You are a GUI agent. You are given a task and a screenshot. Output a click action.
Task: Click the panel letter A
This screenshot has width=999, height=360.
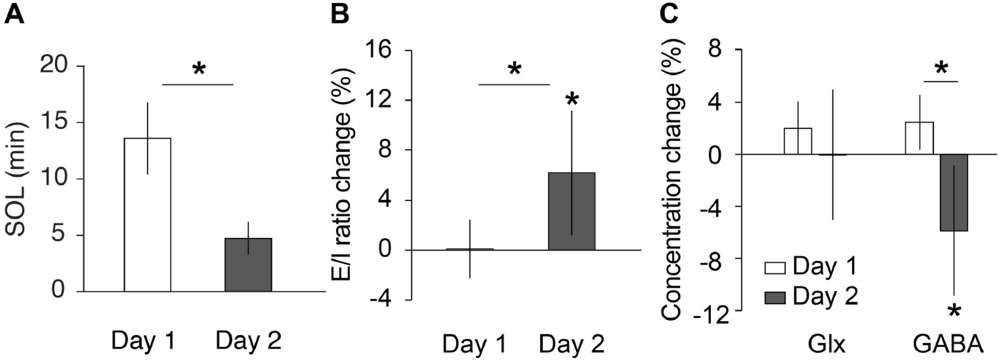tap(15, 14)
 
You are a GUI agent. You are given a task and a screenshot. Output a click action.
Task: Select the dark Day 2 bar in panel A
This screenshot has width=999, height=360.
tap(248, 265)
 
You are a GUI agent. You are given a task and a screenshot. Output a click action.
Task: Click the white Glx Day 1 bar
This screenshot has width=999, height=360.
tap(798, 141)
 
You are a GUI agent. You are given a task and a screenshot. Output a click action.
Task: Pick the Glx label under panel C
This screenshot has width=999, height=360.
tap(814, 345)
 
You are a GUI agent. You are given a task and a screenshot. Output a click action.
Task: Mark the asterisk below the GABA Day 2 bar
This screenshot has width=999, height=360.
tap(955, 311)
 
